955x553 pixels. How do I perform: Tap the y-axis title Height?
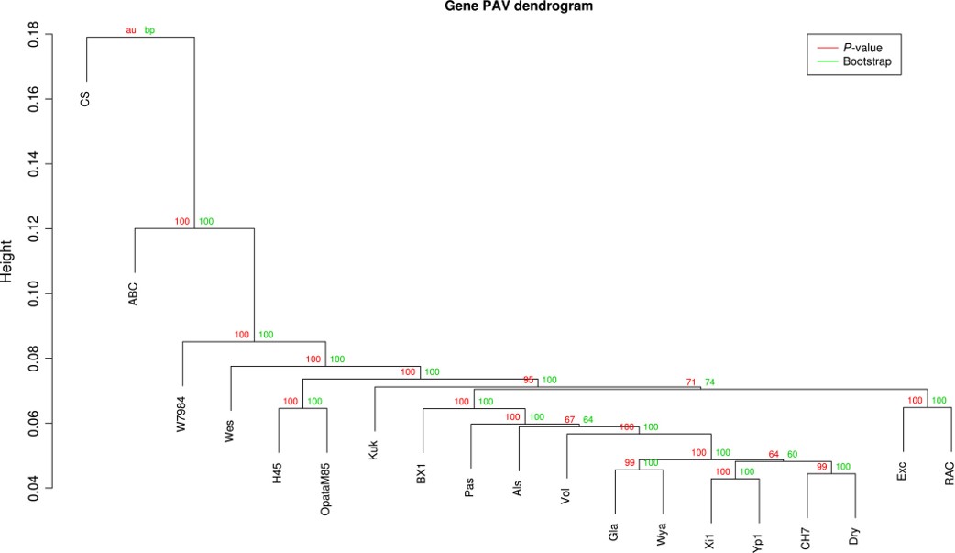click(x=9, y=262)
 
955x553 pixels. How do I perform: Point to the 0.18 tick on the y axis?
click(x=33, y=36)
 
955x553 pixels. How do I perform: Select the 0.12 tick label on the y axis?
click(x=33, y=229)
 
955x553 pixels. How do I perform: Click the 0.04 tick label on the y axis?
click(x=33, y=488)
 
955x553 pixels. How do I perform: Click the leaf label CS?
click(x=85, y=98)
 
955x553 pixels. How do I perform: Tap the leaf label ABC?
click(x=134, y=293)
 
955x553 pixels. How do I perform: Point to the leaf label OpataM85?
click(x=325, y=495)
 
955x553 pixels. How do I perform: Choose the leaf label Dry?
click(x=854, y=536)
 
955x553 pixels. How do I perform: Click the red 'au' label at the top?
click(x=131, y=30)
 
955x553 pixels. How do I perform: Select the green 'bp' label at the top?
click(x=150, y=30)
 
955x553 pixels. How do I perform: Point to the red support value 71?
click(x=691, y=382)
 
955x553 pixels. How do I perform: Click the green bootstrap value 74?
click(x=710, y=382)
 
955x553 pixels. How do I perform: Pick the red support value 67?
click(x=570, y=419)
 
